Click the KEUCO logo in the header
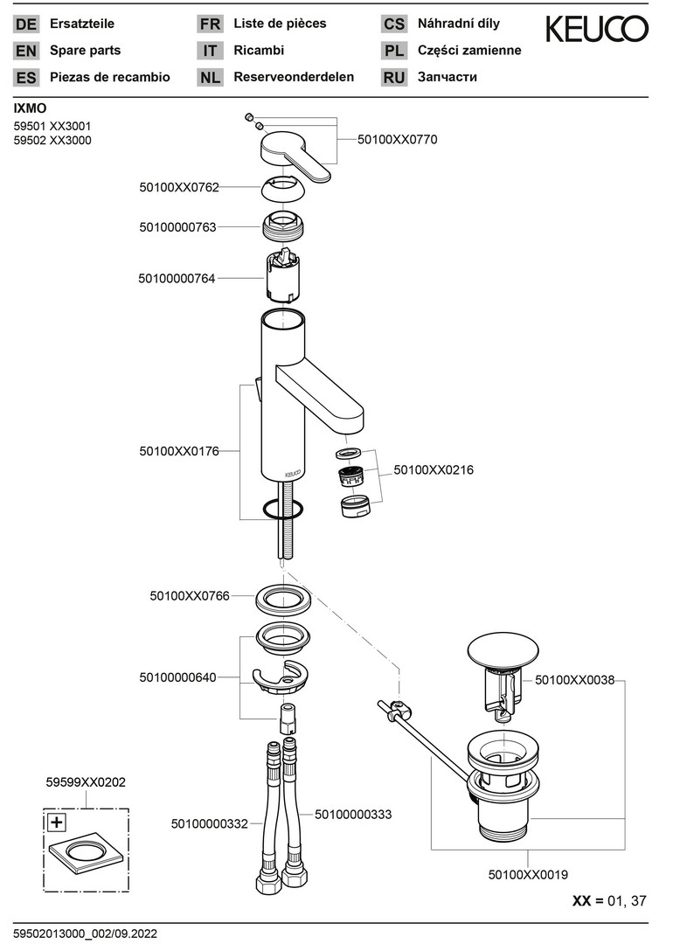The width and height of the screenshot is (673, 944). (597, 30)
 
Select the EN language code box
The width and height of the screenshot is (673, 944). (26, 51)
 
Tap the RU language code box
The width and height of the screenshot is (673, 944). (394, 77)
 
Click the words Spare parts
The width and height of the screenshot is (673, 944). (86, 51)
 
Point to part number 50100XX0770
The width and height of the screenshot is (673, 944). (398, 139)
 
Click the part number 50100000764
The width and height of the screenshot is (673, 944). (177, 278)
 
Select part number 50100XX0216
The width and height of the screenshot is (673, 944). (434, 469)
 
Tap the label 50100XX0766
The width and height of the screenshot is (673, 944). (190, 595)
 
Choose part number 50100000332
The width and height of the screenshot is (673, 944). (210, 823)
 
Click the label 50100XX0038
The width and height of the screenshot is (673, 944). (574, 678)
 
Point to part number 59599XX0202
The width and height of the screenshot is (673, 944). (85, 782)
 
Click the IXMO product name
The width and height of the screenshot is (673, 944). (31, 108)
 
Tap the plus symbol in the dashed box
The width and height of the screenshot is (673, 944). (57, 822)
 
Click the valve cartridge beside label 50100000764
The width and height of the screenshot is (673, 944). (284, 275)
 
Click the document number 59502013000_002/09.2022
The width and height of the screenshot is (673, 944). (85, 933)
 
